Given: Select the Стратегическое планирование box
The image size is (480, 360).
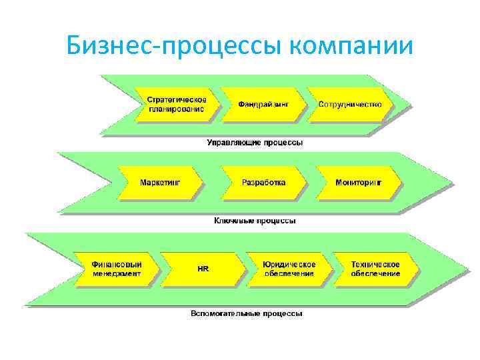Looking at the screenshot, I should [x=176, y=105].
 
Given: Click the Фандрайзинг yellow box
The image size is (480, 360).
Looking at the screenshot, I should [x=263, y=105].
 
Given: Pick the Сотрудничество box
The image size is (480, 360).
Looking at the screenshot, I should [x=349, y=105].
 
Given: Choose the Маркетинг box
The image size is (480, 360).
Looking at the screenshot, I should [x=160, y=182].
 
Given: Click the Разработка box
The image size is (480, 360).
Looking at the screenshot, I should [x=264, y=182].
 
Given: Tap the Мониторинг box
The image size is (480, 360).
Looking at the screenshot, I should [x=359, y=182].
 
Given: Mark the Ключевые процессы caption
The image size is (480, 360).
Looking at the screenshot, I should [x=255, y=220].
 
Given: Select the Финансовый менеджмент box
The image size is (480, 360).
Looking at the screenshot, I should [x=117, y=269].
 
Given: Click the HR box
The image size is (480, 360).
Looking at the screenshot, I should [x=203, y=269].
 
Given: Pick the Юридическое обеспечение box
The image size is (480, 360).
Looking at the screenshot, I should [x=289, y=269].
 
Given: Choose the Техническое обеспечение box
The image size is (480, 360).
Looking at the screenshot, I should [x=375, y=269].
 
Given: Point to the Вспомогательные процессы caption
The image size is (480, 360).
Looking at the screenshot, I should [x=247, y=313].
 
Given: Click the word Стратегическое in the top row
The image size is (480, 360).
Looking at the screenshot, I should [x=177, y=100].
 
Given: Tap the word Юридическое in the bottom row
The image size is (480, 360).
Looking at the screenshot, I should [x=289, y=264].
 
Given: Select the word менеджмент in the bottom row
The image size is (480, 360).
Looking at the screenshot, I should [x=117, y=273].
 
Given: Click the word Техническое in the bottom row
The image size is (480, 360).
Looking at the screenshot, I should [x=375, y=264].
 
